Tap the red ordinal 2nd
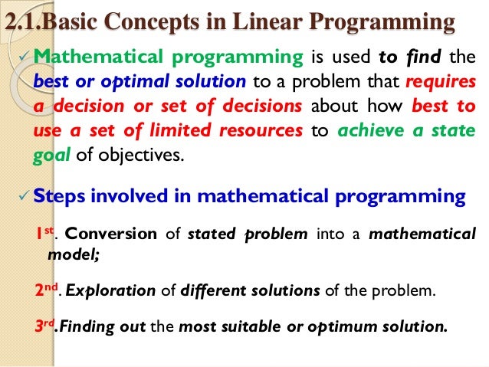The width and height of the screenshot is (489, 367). pyautogui.click(x=48, y=290)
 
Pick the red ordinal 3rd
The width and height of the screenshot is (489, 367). pyautogui.click(x=47, y=327)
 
